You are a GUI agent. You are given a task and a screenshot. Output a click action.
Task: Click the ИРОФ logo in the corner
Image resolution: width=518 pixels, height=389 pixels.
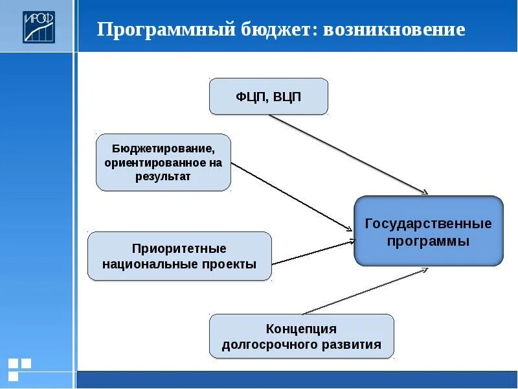click(39, 27)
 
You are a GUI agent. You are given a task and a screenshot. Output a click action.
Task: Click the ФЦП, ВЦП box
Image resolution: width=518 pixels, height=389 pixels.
click(268, 97)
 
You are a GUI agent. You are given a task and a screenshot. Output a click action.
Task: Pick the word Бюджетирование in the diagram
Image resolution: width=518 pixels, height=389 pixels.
click(163, 148)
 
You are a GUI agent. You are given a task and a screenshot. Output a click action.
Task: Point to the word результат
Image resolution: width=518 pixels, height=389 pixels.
click(163, 176)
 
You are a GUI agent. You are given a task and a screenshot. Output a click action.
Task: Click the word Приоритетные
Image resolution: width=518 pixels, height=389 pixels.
click(179, 248)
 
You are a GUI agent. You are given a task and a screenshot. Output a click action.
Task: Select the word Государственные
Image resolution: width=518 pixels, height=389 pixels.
click(428, 224)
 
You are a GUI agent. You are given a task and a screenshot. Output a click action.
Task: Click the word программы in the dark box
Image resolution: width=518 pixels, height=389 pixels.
click(428, 241)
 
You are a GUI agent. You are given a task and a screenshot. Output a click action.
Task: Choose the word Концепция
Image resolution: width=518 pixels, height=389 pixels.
click(301, 329)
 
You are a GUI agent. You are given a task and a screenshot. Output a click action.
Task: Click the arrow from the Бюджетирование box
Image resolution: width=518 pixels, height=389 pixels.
click(291, 195)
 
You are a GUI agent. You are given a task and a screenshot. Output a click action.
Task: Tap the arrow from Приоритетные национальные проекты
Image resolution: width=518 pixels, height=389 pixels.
click(314, 252)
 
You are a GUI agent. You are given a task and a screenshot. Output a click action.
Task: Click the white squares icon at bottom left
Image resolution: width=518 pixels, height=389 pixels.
click(19, 368)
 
